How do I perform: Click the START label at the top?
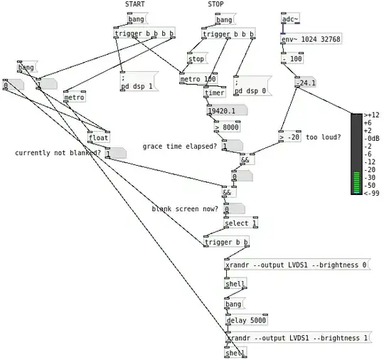click(135, 4)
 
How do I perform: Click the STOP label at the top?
click(215, 4)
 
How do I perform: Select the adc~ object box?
click(291, 19)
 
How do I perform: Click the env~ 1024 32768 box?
click(311, 39)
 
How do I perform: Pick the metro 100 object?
click(198, 79)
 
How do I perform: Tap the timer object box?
click(214, 92)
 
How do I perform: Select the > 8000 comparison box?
click(227, 127)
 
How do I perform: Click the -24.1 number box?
click(306, 83)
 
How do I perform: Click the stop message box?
click(196, 59)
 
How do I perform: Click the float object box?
click(98, 137)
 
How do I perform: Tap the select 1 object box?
click(240, 223)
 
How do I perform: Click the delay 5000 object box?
click(245, 320)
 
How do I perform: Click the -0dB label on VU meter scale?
click(373, 138)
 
